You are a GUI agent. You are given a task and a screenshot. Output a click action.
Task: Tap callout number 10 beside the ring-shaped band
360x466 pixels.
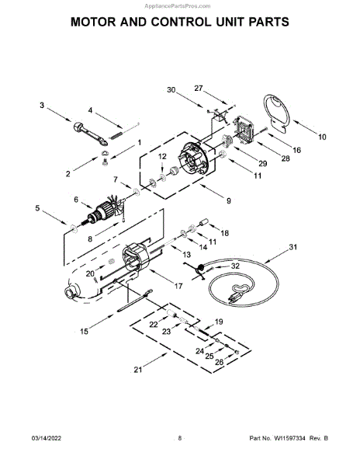[322, 137]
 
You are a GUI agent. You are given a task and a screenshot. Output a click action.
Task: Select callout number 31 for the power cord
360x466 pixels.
[293, 247]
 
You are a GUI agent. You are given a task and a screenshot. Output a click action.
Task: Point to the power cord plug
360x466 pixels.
[234, 298]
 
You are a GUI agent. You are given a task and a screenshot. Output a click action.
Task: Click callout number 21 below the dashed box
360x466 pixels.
[137, 370]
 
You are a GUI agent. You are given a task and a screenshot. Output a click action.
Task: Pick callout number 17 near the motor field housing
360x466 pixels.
[178, 286]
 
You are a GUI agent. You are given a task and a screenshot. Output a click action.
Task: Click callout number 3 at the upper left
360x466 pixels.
[42, 105]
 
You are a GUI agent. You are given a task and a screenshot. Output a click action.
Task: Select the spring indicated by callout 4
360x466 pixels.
[116, 135]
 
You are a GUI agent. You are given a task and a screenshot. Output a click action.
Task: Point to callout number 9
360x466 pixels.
[229, 201]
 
